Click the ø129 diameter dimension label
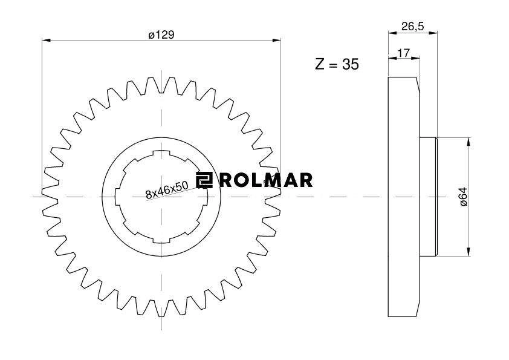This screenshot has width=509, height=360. tap(161, 34)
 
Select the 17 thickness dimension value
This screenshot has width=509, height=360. tap(404, 53)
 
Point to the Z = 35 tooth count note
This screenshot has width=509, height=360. tap(337, 64)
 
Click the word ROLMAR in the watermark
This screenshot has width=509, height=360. tap(265, 180)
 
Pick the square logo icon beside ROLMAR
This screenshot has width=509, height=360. tap(204, 180)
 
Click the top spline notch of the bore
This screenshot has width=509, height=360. tap(161, 152)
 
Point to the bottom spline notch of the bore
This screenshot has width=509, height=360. tap(161, 241)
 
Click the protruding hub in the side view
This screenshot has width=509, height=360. tap(429, 197)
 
